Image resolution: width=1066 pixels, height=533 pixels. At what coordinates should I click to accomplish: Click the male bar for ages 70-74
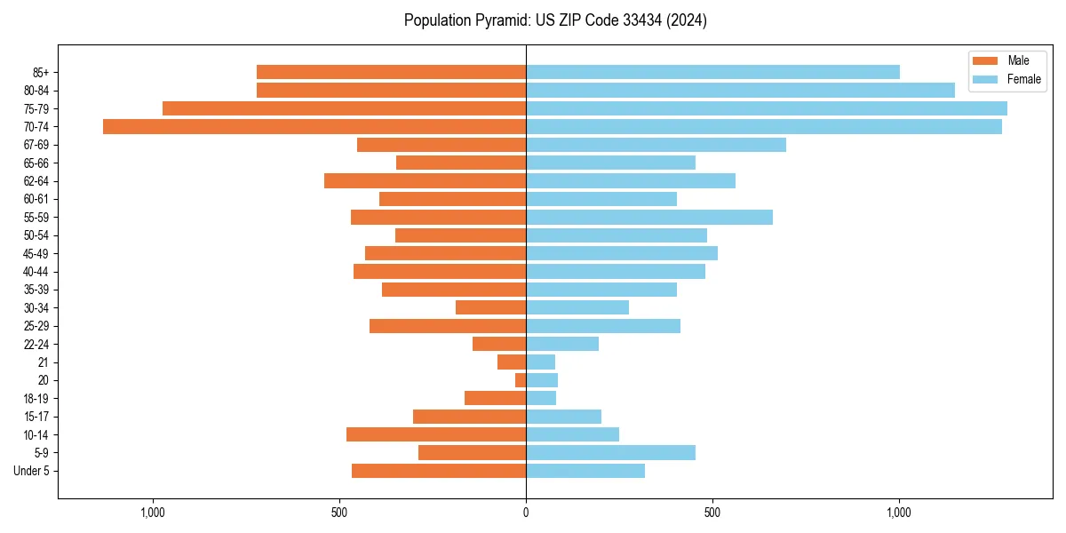point(314,126)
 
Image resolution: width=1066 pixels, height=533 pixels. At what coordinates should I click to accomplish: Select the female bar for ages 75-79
point(766,108)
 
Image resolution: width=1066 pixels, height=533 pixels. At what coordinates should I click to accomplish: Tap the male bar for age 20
point(521,380)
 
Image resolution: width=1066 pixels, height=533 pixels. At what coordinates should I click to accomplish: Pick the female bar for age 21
point(540,362)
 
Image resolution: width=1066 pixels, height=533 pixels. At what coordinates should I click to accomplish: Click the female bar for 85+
point(712,72)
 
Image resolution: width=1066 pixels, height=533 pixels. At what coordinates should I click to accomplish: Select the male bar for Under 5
point(439,471)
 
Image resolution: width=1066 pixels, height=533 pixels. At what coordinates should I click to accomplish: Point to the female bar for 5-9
point(610,453)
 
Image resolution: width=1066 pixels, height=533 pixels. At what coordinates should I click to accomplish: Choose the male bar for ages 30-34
point(490,307)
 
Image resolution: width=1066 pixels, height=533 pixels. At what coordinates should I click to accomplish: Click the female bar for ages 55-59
point(648,217)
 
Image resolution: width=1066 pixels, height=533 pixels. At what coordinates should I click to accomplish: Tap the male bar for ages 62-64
point(425,180)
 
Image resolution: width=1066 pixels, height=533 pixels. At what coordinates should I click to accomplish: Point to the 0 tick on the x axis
point(526,512)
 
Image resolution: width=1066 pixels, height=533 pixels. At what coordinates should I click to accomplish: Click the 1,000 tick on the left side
point(153,512)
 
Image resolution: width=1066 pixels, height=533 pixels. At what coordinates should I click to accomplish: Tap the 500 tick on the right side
point(712,512)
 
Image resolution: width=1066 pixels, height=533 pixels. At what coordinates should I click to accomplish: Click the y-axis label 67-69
point(36,145)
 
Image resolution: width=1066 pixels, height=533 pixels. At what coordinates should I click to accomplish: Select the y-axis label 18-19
point(36,399)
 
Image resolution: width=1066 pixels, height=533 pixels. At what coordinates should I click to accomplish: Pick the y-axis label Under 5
point(31,471)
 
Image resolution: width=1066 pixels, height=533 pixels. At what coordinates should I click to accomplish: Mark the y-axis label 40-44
point(36,272)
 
